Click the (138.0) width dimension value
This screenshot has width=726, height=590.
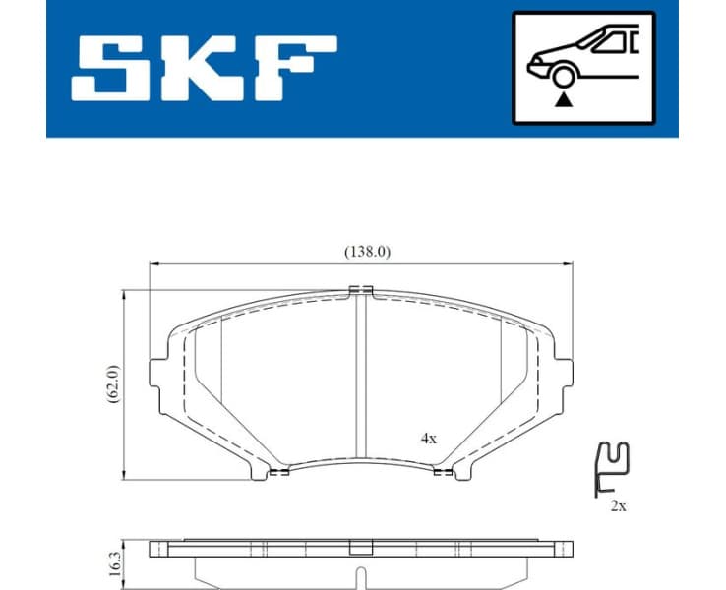pyautogui.click(x=367, y=251)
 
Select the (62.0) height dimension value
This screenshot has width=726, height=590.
pyautogui.click(x=113, y=383)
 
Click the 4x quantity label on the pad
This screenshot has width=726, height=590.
pyautogui.click(x=428, y=440)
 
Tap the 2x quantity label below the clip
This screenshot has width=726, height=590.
pyautogui.click(x=617, y=506)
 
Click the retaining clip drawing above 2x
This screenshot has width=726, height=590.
pyautogui.click(x=613, y=466)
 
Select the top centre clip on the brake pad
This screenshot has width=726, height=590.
pyautogui.click(x=361, y=289)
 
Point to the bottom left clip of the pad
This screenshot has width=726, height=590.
pyautogui.click(x=278, y=472)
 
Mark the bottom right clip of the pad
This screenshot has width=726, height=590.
pyautogui.click(x=444, y=472)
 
